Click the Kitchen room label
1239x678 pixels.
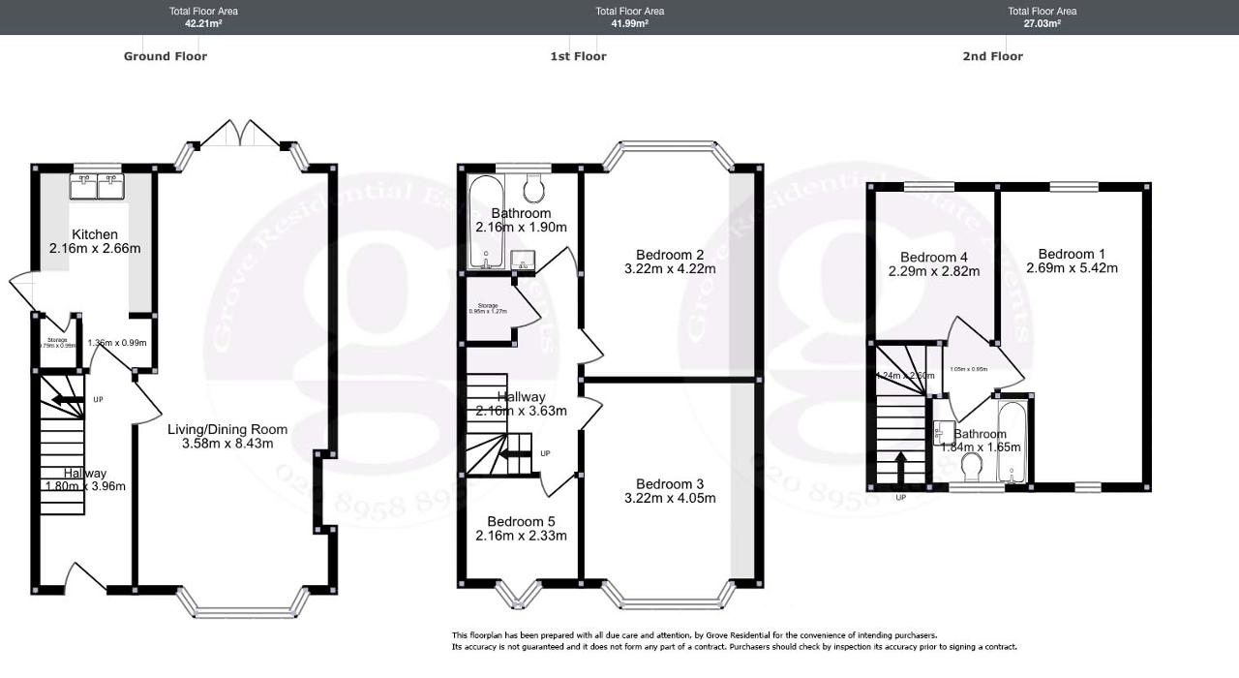(95, 234)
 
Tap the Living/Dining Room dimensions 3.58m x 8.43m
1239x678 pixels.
(227, 444)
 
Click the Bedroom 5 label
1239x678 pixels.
(521, 520)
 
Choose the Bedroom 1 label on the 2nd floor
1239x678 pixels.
(1072, 254)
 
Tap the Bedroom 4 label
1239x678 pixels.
(933, 257)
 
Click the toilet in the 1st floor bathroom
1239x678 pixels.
(533, 186)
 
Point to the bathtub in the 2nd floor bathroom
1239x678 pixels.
(1012, 441)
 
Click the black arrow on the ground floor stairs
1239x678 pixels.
(67, 399)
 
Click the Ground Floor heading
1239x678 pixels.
(166, 56)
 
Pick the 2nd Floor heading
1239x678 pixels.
(992, 56)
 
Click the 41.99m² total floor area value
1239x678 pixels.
(629, 23)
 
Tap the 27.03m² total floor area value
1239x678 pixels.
(1042, 23)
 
